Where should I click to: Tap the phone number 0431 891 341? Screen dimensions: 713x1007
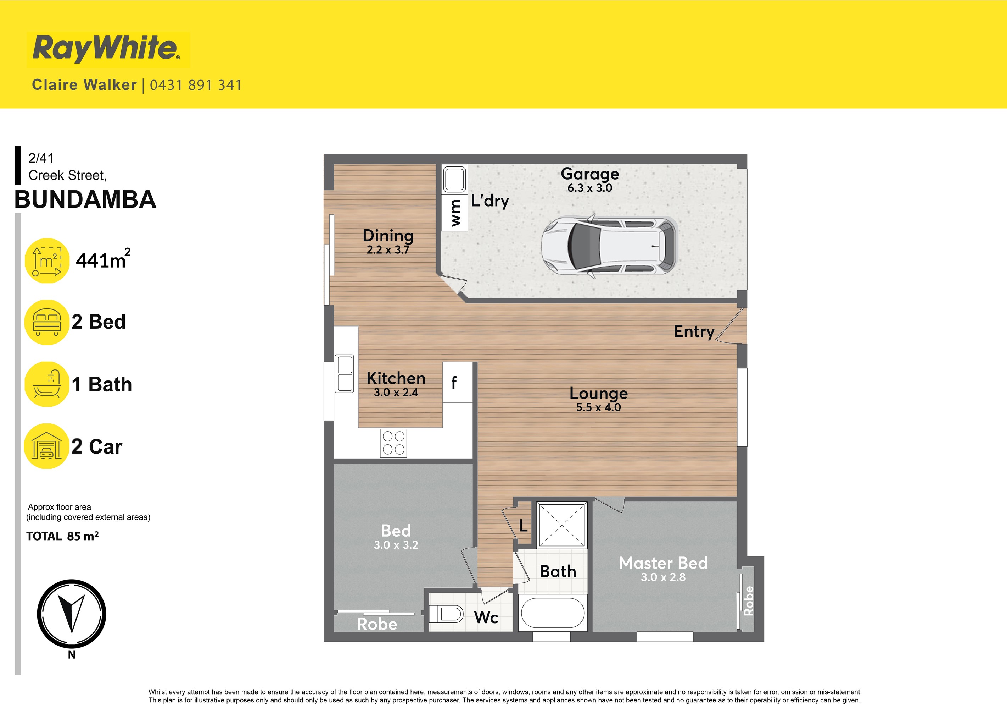(196, 85)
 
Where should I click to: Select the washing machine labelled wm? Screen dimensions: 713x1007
(455, 213)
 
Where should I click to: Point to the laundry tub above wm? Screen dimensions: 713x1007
(454, 179)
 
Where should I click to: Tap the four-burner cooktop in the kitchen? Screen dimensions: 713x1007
(393, 443)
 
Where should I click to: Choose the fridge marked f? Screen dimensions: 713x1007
(457, 382)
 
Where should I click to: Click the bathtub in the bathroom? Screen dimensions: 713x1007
(552, 613)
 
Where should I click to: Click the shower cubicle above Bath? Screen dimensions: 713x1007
(562, 525)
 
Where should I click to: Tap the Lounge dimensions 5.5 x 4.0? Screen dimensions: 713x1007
(598, 407)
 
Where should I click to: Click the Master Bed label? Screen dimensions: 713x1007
(663, 563)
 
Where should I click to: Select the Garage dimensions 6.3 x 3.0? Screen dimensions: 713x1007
(589, 188)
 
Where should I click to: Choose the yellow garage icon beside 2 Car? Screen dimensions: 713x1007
(46, 446)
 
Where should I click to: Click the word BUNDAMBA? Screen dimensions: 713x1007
(85, 200)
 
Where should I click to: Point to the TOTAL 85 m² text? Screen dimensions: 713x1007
(62, 536)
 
